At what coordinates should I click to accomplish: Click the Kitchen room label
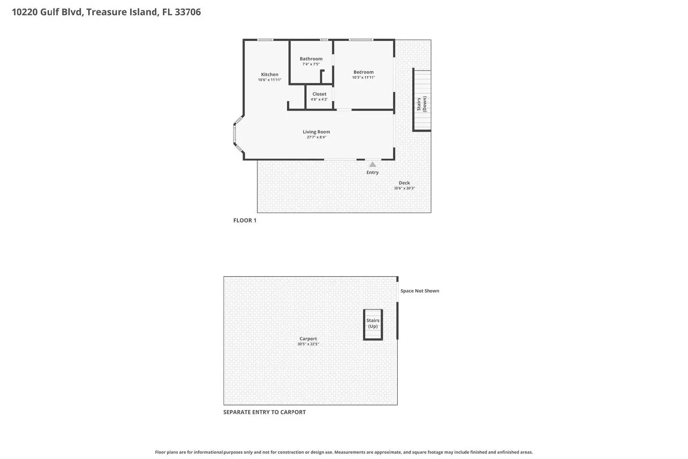pyautogui.click(x=270, y=74)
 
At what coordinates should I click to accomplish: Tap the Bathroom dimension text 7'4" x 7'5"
pyautogui.click(x=311, y=64)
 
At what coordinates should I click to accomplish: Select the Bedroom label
pyautogui.click(x=363, y=72)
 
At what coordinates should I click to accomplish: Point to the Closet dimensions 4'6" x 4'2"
pyautogui.click(x=319, y=99)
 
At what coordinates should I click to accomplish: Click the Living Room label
pyautogui.click(x=316, y=132)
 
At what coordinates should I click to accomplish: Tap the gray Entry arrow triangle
pyautogui.click(x=372, y=164)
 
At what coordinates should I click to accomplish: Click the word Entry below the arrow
pyautogui.click(x=372, y=173)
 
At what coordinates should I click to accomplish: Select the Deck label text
pyautogui.click(x=404, y=183)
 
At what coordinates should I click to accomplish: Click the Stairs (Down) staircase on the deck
pyautogui.click(x=422, y=100)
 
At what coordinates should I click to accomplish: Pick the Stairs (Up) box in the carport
pyautogui.click(x=373, y=324)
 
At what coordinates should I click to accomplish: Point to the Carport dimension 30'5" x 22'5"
pyautogui.click(x=308, y=344)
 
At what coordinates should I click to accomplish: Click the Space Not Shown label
pyautogui.click(x=420, y=291)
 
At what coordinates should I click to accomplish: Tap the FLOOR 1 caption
pyautogui.click(x=245, y=220)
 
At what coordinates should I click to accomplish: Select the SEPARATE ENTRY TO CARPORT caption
pyautogui.click(x=264, y=412)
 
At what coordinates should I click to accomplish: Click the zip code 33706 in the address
pyautogui.click(x=188, y=12)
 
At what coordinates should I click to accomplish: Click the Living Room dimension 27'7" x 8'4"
pyautogui.click(x=316, y=137)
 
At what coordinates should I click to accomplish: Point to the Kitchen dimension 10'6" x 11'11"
pyautogui.click(x=270, y=80)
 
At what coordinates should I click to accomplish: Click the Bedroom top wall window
pyautogui.click(x=361, y=40)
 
